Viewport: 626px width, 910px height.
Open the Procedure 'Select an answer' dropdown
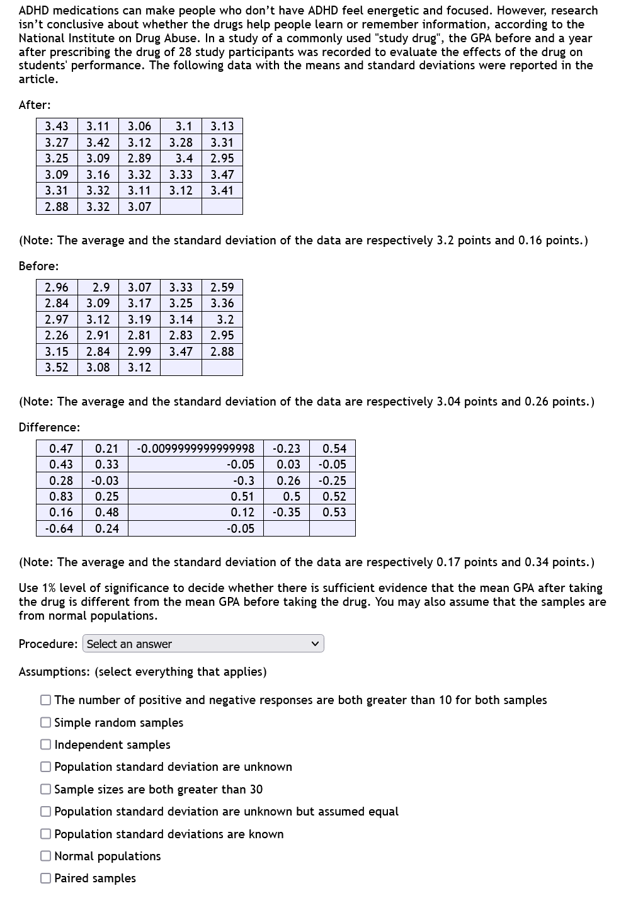tap(203, 644)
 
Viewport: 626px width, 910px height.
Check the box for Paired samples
tap(46, 878)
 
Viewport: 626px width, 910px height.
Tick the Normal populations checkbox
tap(46, 856)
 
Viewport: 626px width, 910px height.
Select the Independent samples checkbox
tap(46, 744)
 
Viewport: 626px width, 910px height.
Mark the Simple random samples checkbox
tap(46, 722)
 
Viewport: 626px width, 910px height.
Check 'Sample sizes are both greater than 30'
tap(46, 789)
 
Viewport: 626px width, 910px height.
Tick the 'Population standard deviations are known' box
tap(46, 834)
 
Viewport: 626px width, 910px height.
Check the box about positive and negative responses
tap(46, 700)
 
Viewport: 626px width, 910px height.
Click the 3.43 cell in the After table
tap(57, 126)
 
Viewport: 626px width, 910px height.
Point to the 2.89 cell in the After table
tap(139, 158)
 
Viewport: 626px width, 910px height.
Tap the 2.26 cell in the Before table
tap(57, 335)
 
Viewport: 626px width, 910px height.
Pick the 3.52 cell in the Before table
tap(57, 367)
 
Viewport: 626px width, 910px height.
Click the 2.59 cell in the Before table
tap(222, 287)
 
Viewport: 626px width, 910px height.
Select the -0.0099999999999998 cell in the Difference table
tap(196, 448)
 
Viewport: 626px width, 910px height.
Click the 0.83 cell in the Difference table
tap(61, 496)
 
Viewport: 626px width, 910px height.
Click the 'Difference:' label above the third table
tap(49, 427)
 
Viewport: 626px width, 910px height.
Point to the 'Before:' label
tap(38, 266)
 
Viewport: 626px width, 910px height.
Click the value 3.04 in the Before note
tap(448, 401)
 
